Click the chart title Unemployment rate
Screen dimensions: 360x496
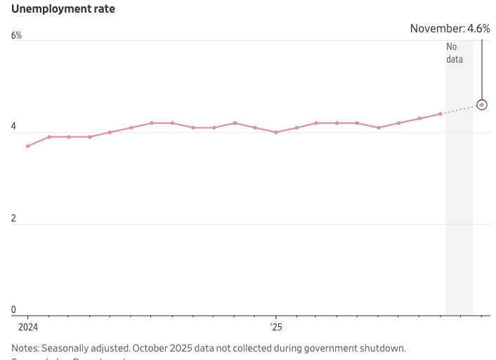[x=63, y=10]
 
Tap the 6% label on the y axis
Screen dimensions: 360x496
[x=16, y=36]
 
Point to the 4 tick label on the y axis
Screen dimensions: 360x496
[x=14, y=127]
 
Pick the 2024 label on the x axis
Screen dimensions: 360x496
[x=27, y=327]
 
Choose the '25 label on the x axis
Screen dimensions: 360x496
[x=275, y=327]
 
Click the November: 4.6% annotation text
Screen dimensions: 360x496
[x=450, y=29]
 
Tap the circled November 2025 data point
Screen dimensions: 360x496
[x=481, y=105]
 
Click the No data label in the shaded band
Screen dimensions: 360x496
[x=455, y=53]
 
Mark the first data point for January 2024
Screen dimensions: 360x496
[x=27, y=146]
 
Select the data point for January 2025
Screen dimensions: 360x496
[x=276, y=132]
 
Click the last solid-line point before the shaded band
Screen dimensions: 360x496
[x=440, y=114]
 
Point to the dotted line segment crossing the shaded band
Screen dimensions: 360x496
[x=459, y=110]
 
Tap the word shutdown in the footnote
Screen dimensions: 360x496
[x=384, y=348]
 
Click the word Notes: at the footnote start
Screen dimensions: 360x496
[x=25, y=348]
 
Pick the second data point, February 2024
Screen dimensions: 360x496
[x=48, y=137]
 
